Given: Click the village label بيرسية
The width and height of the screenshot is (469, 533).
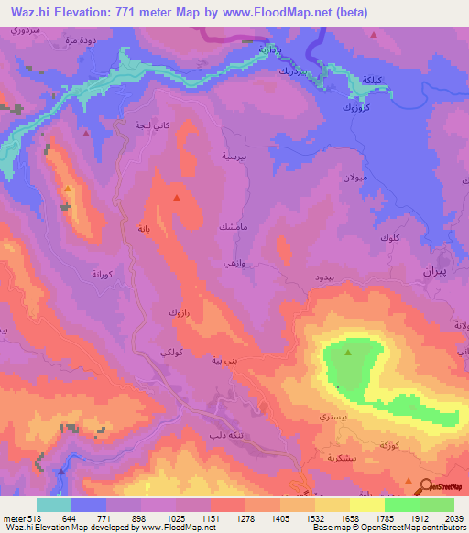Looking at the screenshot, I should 234,157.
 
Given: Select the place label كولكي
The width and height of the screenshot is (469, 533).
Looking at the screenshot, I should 177,353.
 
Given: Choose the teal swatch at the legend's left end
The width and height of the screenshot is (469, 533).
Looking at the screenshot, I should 53,505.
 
